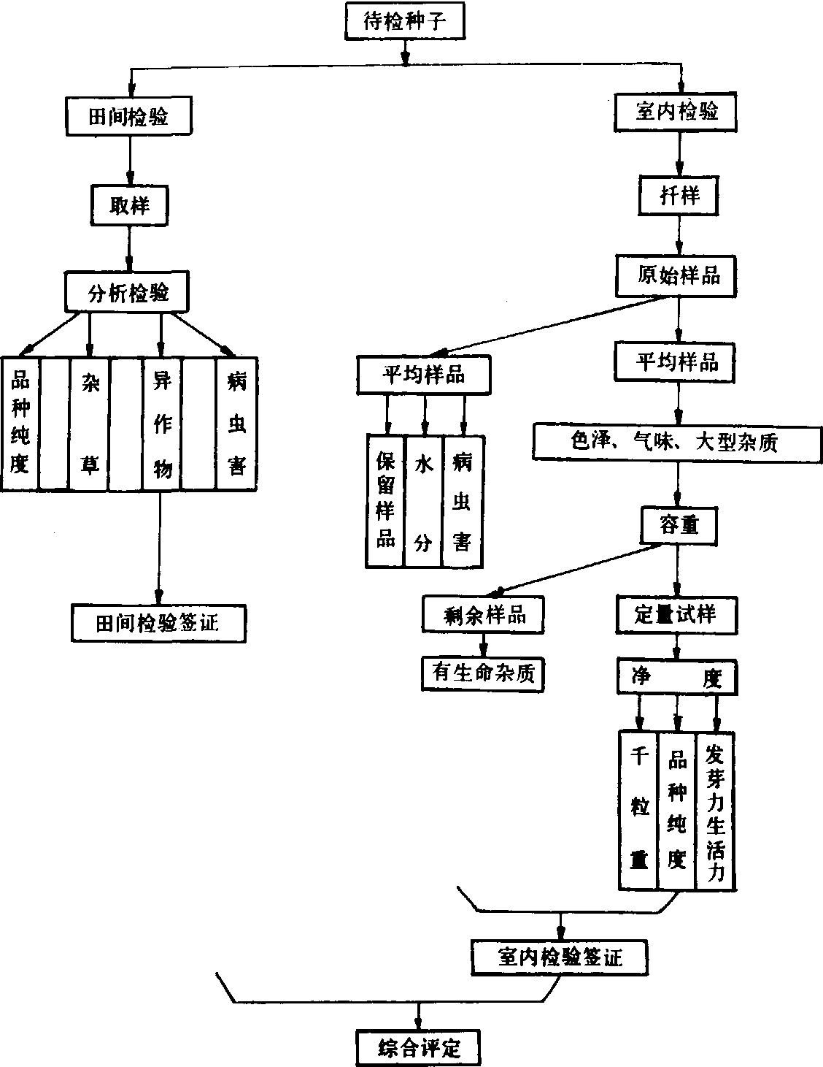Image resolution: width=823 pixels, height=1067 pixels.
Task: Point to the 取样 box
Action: click(129, 205)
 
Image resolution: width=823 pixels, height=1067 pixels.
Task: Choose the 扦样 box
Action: click(679, 196)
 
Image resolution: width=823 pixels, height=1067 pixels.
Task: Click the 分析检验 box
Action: click(128, 293)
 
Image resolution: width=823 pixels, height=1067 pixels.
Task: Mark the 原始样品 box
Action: click(678, 275)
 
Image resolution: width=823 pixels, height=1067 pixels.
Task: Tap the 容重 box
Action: click(679, 525)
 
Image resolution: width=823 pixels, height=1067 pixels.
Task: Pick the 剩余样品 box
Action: click(484, 615)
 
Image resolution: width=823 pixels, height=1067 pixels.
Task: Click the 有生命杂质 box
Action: click(484, 673)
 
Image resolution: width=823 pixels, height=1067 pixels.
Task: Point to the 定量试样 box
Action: click(676, 614)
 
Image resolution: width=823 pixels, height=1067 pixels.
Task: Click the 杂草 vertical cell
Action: click(90, 424)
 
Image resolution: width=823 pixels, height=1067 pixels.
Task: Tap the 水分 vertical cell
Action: click(423, 501)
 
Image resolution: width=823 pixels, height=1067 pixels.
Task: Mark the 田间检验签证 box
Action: click(158, 623)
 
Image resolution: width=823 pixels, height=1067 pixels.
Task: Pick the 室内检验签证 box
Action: click(560, 957)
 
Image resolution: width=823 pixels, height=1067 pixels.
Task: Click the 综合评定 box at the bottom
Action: click(419, 1049)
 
